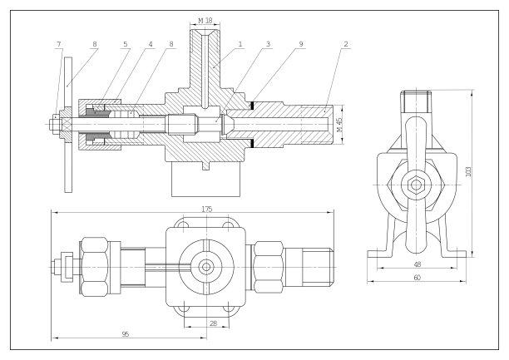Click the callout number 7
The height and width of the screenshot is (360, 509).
[x=58, y=43]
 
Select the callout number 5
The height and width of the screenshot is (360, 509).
[x=126, y=43]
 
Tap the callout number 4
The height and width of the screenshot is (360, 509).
[x=151, y=43]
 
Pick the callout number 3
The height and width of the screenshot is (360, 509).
[x=268, y=43]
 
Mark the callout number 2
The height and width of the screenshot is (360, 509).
[x=344, y=43]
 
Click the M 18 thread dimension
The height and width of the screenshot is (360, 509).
[x=206, y=19]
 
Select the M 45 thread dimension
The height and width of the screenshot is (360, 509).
[x=339, y=124]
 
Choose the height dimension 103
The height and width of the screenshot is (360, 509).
[x=469, y=172]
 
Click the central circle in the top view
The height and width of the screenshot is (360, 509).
[x=205, y=267]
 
